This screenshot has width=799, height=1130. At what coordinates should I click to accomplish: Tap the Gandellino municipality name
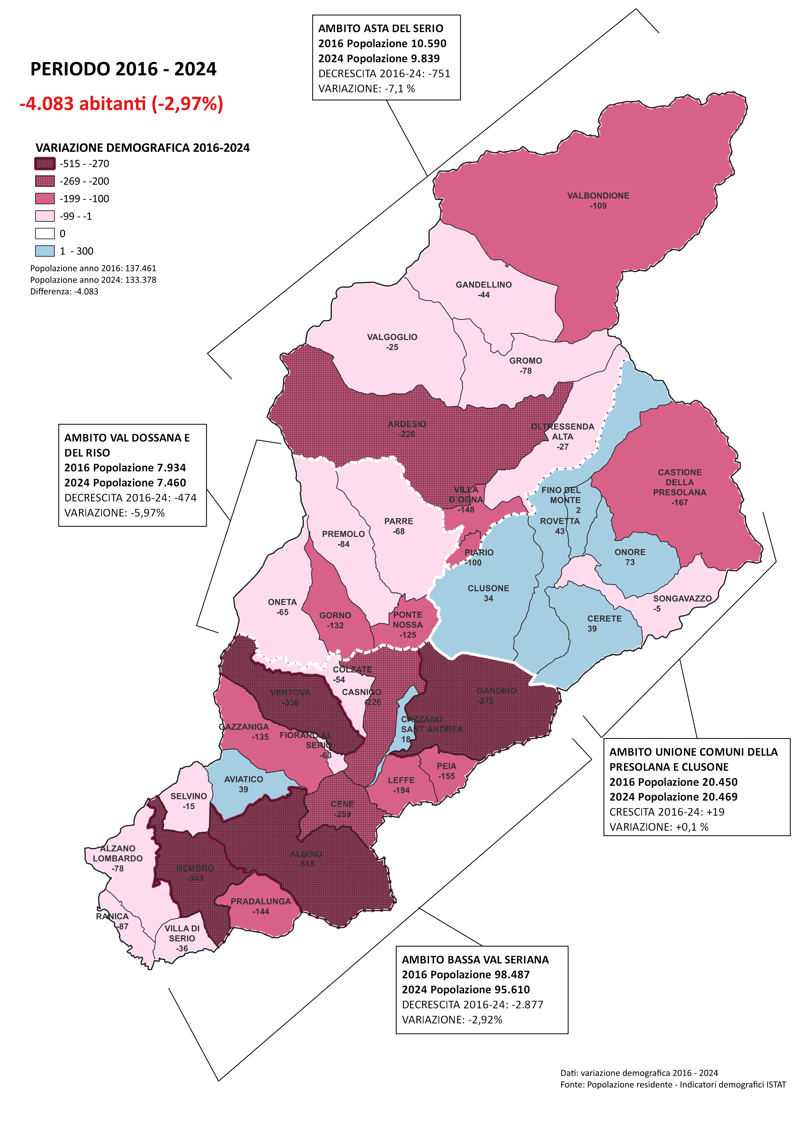[483, 285]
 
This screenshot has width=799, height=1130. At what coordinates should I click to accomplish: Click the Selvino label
[189, 796]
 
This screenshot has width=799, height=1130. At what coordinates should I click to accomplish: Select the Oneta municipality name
[282, 602]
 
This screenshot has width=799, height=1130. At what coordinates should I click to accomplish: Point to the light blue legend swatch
[45, 251]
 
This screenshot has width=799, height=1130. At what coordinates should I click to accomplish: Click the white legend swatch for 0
[45, 233]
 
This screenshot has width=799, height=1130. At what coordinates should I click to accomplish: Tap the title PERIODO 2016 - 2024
[123, 69]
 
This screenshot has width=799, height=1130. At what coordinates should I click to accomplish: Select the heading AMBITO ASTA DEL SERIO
[380, 28]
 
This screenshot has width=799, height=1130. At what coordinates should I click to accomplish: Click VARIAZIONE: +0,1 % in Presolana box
[659, 827]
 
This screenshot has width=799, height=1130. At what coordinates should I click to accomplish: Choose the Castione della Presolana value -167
[679, 503]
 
